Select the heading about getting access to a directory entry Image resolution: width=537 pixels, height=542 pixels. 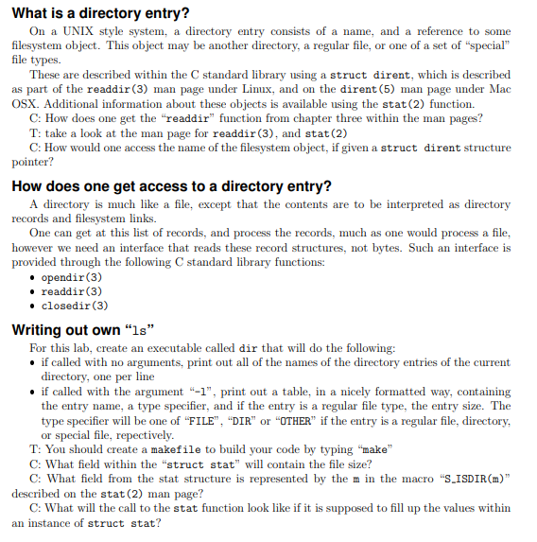(x=170, y=185)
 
